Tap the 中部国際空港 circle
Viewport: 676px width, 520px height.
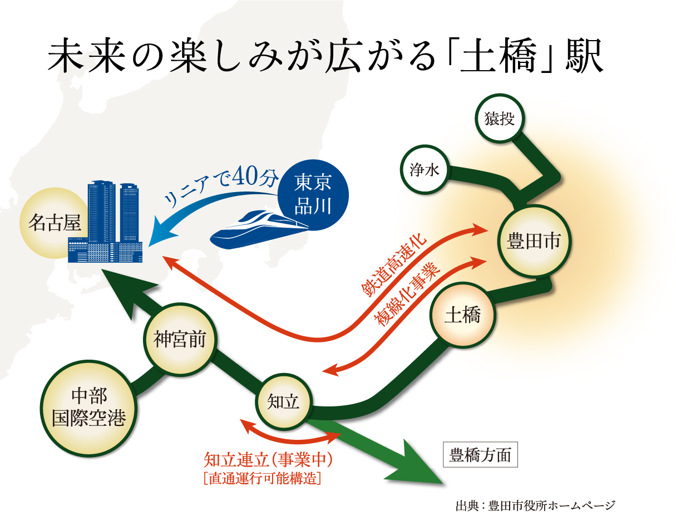point(89,407)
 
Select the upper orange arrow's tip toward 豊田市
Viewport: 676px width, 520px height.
point(479,228)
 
